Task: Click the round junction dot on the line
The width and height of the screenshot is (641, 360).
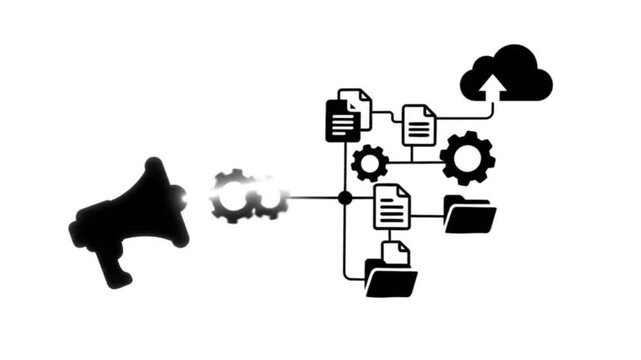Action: tap(345, 198)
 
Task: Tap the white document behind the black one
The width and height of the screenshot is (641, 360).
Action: tap(358, 104)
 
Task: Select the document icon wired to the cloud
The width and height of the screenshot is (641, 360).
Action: tap(419, 125)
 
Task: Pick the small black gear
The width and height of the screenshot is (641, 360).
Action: tap(370, 162)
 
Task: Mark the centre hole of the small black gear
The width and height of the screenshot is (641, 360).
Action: tap(370, 162)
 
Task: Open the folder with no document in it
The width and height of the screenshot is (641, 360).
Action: tap(469, 215)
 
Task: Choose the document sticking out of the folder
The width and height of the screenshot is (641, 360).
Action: tap(396, 252)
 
